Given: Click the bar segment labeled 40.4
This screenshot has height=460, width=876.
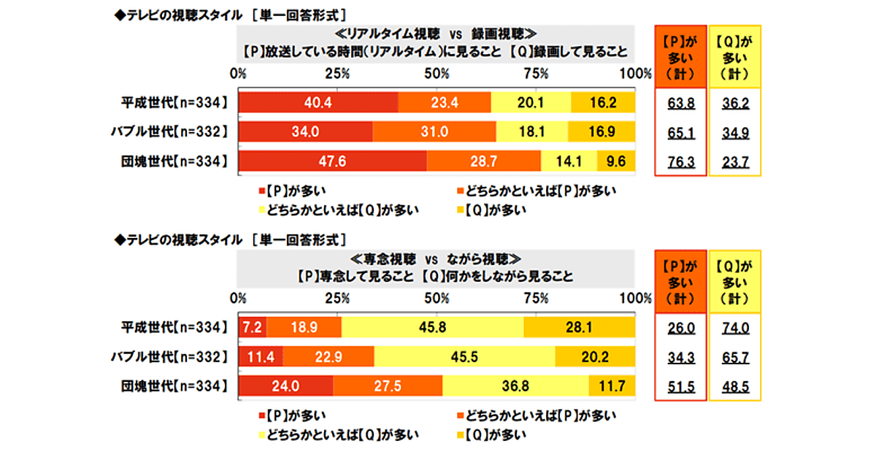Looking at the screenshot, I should tap(318, 103).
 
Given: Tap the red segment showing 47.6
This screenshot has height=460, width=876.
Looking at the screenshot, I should tap(332, 161).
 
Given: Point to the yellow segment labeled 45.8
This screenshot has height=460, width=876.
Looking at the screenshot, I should tap(432, 328).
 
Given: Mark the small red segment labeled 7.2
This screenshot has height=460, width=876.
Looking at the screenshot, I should tap(253, 328).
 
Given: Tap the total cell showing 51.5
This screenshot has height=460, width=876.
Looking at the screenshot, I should tap(680, 386).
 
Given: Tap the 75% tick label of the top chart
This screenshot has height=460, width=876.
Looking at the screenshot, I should tap(537, 74).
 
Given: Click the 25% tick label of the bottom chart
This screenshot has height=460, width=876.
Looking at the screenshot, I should tap(337, 298).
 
